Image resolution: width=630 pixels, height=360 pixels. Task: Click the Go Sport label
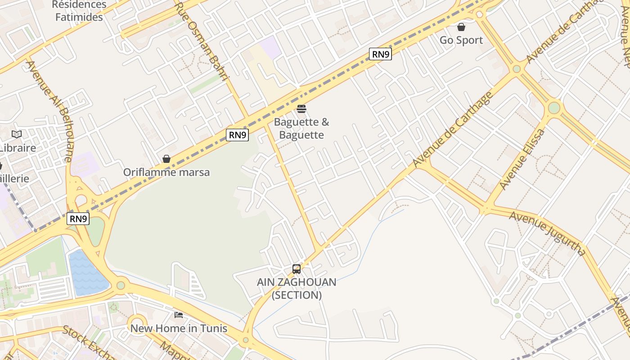coord(461,40)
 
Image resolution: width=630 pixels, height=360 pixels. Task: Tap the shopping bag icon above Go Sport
coord(461,27)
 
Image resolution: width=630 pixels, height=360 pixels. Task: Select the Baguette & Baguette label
coord(301,128)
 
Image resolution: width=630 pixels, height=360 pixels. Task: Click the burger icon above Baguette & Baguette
coord(301,109)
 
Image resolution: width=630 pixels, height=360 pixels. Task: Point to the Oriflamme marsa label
coord(166,172)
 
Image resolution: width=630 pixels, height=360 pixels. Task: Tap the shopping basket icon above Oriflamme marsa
coord(166,159)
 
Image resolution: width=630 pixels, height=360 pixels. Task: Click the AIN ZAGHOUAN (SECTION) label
coord(297,288)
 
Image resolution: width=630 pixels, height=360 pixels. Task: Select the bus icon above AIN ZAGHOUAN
coord(297,269)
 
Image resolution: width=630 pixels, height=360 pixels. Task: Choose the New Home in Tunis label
coord(179,328)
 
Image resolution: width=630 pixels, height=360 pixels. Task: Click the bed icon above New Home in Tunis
coord(179,315)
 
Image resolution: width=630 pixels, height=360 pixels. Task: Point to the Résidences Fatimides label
coord(79,11)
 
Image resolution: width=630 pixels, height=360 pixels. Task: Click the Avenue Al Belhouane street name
coord(49,110)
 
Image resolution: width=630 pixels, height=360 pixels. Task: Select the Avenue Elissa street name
coord(522,159)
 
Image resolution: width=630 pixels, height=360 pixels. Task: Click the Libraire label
coord(17,148)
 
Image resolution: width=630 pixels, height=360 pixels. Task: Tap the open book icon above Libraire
coord(17,134)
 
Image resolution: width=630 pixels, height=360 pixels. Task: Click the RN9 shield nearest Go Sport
coord(380,54)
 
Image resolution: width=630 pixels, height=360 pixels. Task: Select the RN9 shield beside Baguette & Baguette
coord(237,135)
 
